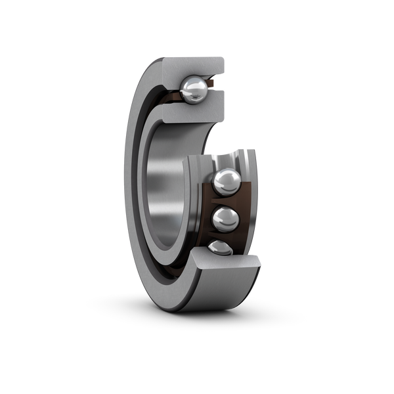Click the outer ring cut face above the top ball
tap(194, 66)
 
